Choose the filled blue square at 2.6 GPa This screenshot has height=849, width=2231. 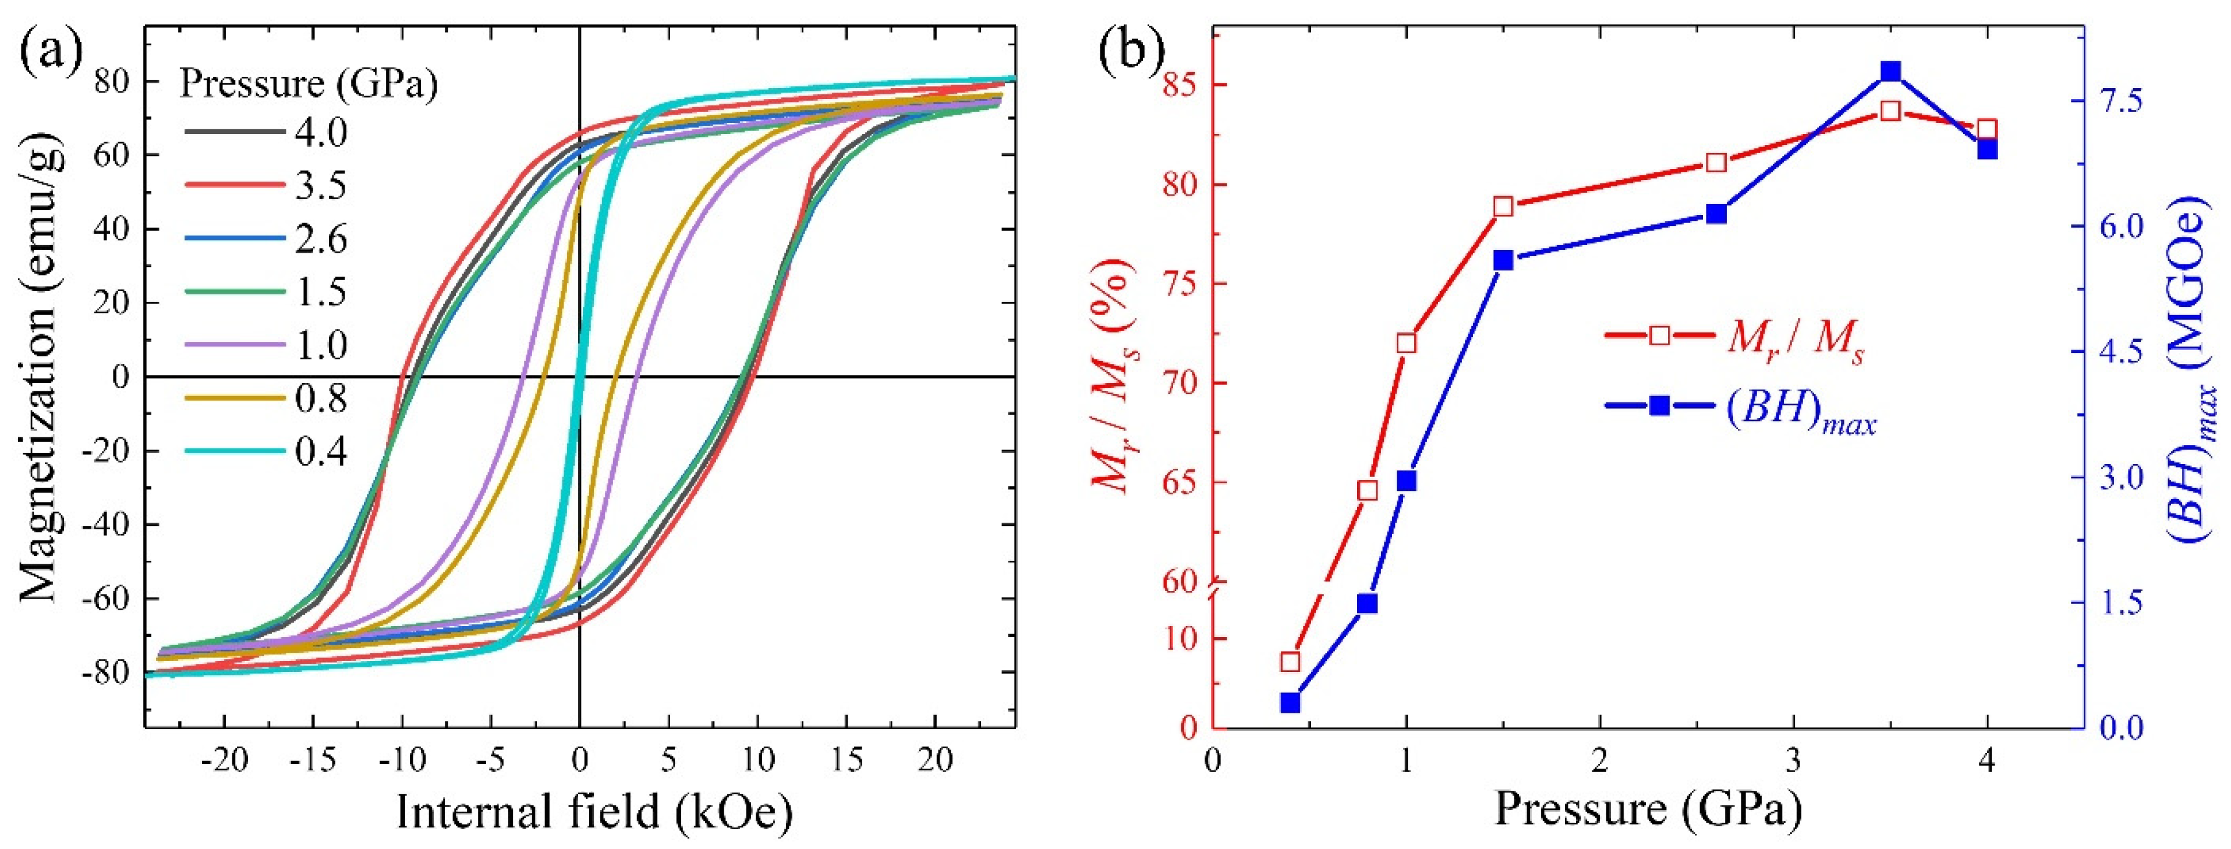click(x=1716, y=214)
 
